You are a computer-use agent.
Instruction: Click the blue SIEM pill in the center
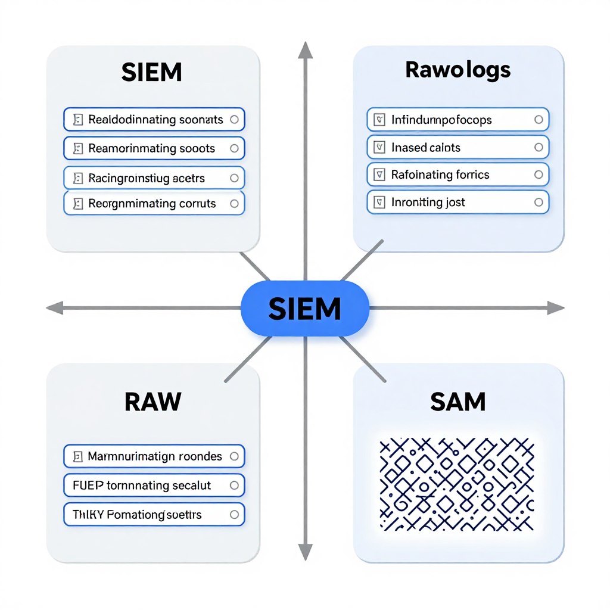click(304, 308)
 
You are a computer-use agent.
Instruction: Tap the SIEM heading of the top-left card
click(151, 73)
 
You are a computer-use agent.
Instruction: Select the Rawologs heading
click(457, 70)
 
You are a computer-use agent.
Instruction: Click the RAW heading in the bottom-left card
click(152, 402)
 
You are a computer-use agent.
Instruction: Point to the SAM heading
click(457, 402)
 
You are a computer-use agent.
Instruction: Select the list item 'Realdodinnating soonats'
click(155, 120)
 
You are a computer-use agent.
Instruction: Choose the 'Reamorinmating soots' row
click(154, 148)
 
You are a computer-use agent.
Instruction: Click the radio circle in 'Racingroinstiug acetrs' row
click(234, 178)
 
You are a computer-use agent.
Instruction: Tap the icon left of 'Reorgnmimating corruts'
click(77, 204)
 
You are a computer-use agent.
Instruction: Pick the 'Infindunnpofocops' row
click(457, 120)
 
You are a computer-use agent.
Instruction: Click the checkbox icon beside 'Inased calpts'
click(377, 147)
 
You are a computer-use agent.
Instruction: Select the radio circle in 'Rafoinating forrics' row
click(539, 175)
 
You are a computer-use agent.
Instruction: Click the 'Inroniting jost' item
click(457, 203)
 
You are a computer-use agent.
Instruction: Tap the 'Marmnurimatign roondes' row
click(154, 457)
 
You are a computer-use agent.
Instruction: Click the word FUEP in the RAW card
click(88, 485)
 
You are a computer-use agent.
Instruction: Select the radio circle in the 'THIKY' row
click(234, 514)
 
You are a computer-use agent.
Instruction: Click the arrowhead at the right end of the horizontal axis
click(556, 308)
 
